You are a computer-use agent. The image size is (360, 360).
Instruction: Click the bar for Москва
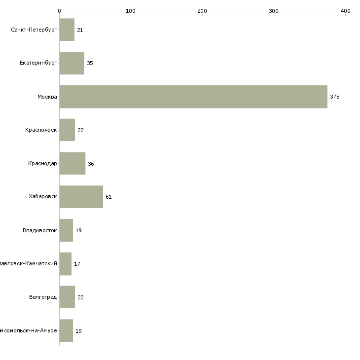[x=193, y=97]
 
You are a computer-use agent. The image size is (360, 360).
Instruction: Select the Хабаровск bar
[x=81, y=197]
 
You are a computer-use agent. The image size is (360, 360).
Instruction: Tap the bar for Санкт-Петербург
[x=67, y=30]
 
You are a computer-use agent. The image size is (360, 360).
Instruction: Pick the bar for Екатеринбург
[x=72, y=63]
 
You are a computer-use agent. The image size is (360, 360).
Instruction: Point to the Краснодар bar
[x=72, y=163]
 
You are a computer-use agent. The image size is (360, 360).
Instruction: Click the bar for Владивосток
[x=66, y=230]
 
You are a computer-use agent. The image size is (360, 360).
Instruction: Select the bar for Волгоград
[x=67, y=297]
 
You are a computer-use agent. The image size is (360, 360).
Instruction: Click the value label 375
[x=335, y=97]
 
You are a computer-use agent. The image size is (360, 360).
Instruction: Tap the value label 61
[x=108, y=197]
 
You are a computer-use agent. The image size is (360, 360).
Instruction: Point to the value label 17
[x=77, y=264]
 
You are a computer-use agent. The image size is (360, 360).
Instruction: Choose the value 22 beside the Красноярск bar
[x=80, y=130]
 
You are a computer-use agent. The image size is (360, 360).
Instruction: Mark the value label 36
[x=91, y=163]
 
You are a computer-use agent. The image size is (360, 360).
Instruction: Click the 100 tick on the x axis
[x=131, y=10]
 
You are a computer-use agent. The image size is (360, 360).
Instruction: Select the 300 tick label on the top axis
[x=274, y=10]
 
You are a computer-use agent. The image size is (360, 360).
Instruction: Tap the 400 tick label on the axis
[x=345, y=10]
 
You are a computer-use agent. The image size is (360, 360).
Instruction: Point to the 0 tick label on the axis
[x=59, y=10]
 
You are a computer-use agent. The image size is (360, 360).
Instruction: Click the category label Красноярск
[x=41, y=130]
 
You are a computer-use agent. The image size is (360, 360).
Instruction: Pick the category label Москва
[x=47, y=97]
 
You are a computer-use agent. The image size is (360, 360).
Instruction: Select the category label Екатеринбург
[x=38, y=63]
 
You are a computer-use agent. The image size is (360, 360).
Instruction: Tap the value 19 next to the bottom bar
[x=78, y=330]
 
